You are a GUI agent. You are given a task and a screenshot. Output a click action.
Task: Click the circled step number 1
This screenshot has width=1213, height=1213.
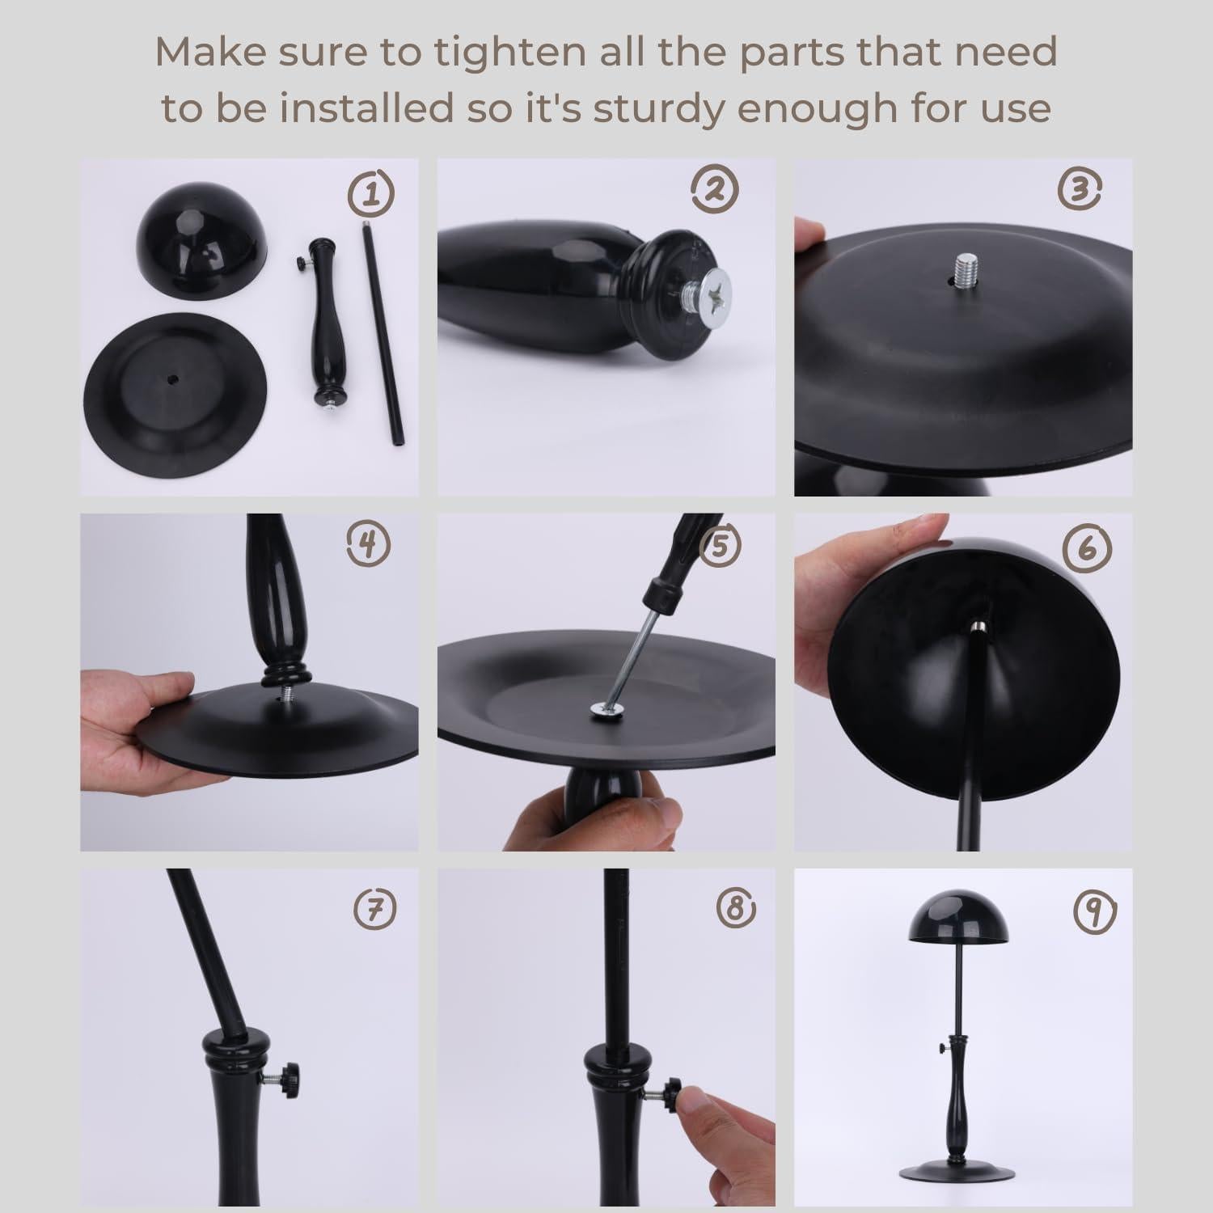click(372, 193)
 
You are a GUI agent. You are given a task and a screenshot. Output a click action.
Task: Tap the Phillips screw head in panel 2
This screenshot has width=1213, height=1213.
click(713, 289)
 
